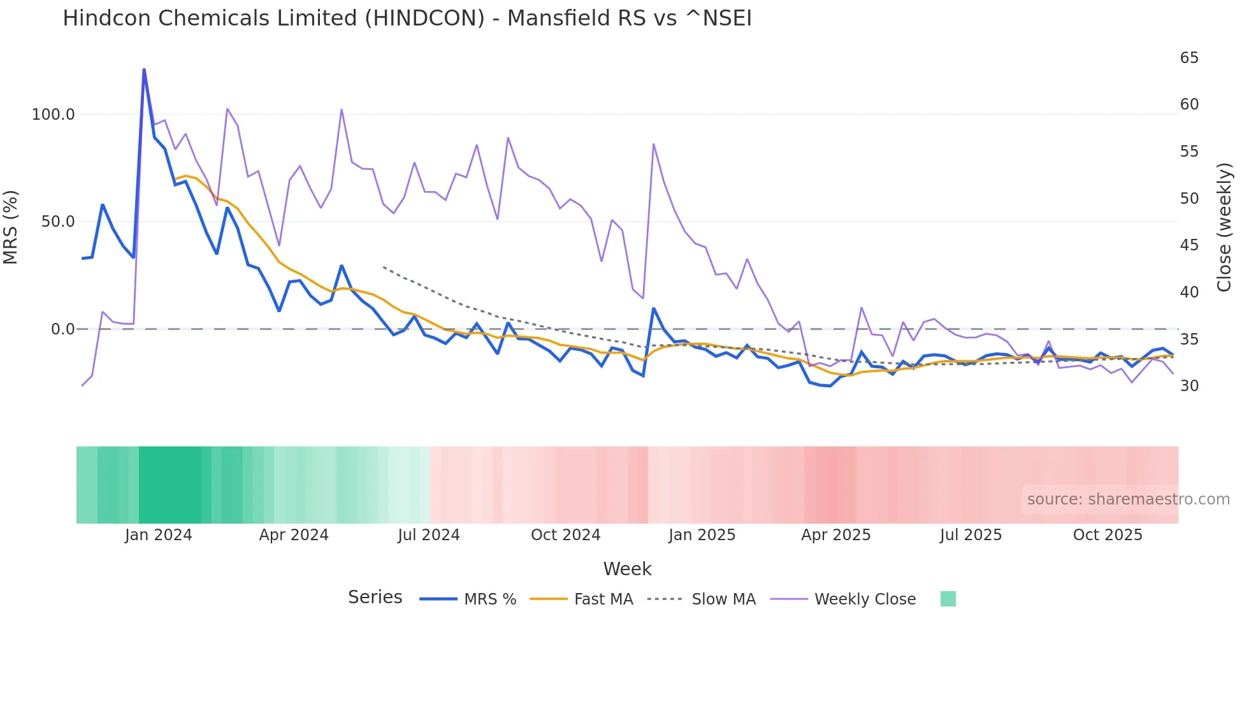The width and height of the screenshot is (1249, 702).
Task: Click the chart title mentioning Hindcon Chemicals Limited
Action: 407,18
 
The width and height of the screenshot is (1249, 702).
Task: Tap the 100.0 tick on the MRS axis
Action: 54,115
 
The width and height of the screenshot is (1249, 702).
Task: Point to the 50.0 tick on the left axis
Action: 58,222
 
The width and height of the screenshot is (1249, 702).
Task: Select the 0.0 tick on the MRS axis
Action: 62,329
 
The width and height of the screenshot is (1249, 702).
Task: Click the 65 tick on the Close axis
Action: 1189,58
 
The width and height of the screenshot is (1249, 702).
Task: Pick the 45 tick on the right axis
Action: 1189,245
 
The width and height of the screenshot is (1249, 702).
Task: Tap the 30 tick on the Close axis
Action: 1189,386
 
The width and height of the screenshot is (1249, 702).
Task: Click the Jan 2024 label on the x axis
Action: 158,535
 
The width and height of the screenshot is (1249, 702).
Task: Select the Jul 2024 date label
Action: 429,535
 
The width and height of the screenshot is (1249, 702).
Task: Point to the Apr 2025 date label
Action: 835,535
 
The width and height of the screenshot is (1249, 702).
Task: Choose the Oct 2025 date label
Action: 1108,535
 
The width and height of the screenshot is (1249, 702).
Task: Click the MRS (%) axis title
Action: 11,227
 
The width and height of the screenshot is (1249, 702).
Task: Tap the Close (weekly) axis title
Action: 1224,227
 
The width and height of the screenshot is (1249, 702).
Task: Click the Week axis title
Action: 627,569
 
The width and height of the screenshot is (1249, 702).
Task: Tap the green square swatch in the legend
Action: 948,599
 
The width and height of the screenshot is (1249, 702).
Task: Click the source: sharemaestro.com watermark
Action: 1128,499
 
